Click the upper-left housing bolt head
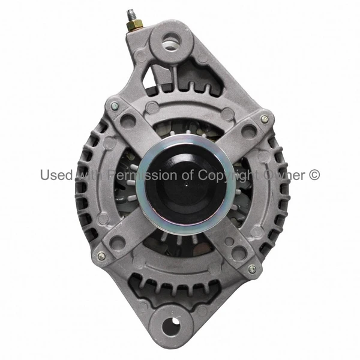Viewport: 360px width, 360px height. [x=114, y=107]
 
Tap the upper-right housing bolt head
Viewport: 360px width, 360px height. [x=264, y=119]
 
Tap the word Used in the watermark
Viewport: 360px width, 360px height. [x=56, y=175]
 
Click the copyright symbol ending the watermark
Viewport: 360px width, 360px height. [x=314, y=175]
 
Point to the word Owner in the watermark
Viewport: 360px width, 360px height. [x=285, y=175]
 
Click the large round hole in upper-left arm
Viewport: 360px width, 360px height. [x=128, y=122]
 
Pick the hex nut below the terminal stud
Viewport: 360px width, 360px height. [x=134, y=25]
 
